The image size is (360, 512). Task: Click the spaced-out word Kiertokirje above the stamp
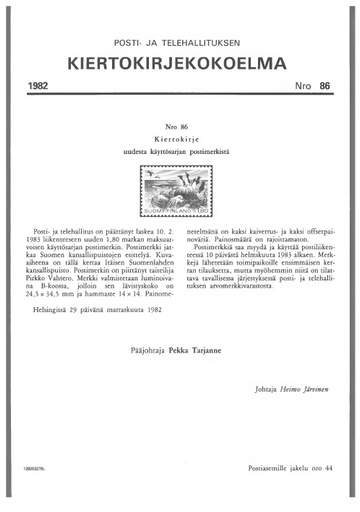pos(180,139)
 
